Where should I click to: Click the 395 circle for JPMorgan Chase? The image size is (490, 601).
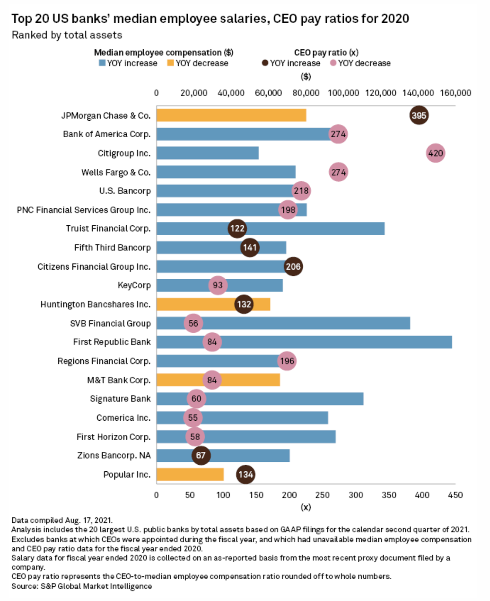(419, 115)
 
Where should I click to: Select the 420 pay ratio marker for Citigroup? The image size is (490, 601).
(435, 153)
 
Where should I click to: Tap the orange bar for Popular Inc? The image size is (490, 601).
(190, 475)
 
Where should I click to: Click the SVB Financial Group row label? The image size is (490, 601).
(110, 324)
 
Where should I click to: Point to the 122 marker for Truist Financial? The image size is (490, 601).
(237, 229)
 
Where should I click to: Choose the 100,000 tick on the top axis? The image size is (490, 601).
(343, 93)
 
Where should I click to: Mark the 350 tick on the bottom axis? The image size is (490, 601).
(389, 495)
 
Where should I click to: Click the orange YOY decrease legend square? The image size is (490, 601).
(171, 63)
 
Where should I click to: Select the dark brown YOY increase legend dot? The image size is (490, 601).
(265, 63)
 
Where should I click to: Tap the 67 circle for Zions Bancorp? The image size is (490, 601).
(201, 455)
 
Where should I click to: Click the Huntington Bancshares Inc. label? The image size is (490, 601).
(96, 304)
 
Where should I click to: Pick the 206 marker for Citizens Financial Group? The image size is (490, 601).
(293, 266)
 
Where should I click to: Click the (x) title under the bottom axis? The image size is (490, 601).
(306, 507)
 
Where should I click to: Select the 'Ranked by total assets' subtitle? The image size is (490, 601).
(67, 35)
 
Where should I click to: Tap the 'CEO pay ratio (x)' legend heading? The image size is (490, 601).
(326, 53)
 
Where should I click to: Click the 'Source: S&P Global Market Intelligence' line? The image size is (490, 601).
(82, 586)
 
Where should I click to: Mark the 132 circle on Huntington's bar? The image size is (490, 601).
(244, 304)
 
